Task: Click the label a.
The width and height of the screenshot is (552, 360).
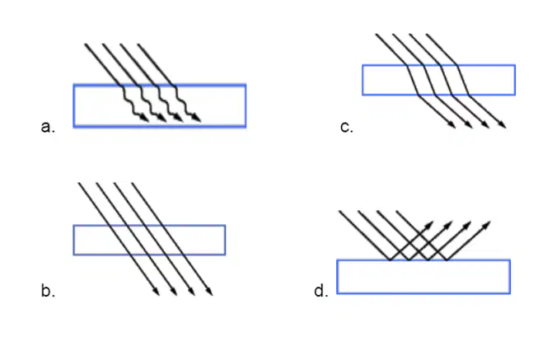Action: point(48,127)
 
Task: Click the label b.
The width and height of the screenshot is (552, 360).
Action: point(48,291)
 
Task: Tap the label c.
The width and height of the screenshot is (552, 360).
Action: point(347,127)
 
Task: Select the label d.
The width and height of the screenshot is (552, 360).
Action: point(321,291)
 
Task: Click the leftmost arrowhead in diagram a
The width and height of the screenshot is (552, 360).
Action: point(145,119)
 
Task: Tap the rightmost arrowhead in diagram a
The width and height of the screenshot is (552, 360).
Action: point(197,119)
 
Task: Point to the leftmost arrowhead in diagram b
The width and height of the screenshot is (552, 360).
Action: point(156,292)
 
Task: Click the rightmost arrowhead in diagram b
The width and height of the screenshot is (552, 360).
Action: point(209,292)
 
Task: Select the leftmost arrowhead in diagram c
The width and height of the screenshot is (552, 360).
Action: point(452,124)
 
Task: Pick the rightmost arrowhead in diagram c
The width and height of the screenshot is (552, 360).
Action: point(503,124)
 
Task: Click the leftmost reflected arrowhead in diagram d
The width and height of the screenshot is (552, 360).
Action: point(429,225)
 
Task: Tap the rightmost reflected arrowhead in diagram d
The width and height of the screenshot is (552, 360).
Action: point(487,225)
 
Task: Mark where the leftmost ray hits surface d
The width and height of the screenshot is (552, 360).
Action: point(390,260)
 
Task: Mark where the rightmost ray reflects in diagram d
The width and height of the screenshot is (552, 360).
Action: point(447,260)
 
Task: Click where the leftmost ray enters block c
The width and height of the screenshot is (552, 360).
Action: point(407,65)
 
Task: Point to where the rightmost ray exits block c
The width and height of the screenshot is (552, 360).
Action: point(470,95)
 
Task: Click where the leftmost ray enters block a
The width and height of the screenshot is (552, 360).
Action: point(121,85)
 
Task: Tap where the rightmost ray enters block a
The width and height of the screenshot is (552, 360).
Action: point(175,85)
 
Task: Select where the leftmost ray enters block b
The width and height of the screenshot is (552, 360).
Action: point(109,225)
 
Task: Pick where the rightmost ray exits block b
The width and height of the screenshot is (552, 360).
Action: point(184,255)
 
